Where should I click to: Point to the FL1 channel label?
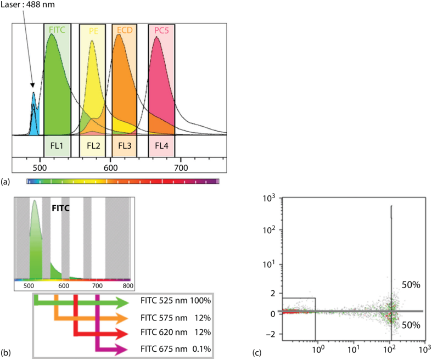point(57,146)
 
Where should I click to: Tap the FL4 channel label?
point(161,146)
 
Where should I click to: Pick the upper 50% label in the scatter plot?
point(411,285)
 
